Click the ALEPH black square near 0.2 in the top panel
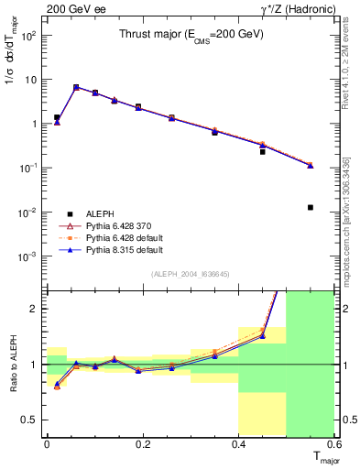138,107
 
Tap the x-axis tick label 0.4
238,444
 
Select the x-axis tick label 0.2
142,444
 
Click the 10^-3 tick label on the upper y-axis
29,256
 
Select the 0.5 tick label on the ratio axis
31,420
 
